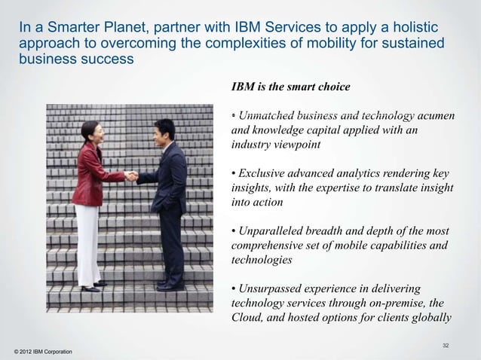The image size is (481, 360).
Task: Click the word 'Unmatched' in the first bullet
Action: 268,115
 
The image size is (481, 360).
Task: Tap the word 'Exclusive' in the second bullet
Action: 264,173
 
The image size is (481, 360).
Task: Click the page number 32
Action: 446,345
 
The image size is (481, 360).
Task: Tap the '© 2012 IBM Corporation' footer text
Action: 38,352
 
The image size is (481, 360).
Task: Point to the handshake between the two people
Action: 131,176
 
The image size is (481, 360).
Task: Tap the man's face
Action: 162,133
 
